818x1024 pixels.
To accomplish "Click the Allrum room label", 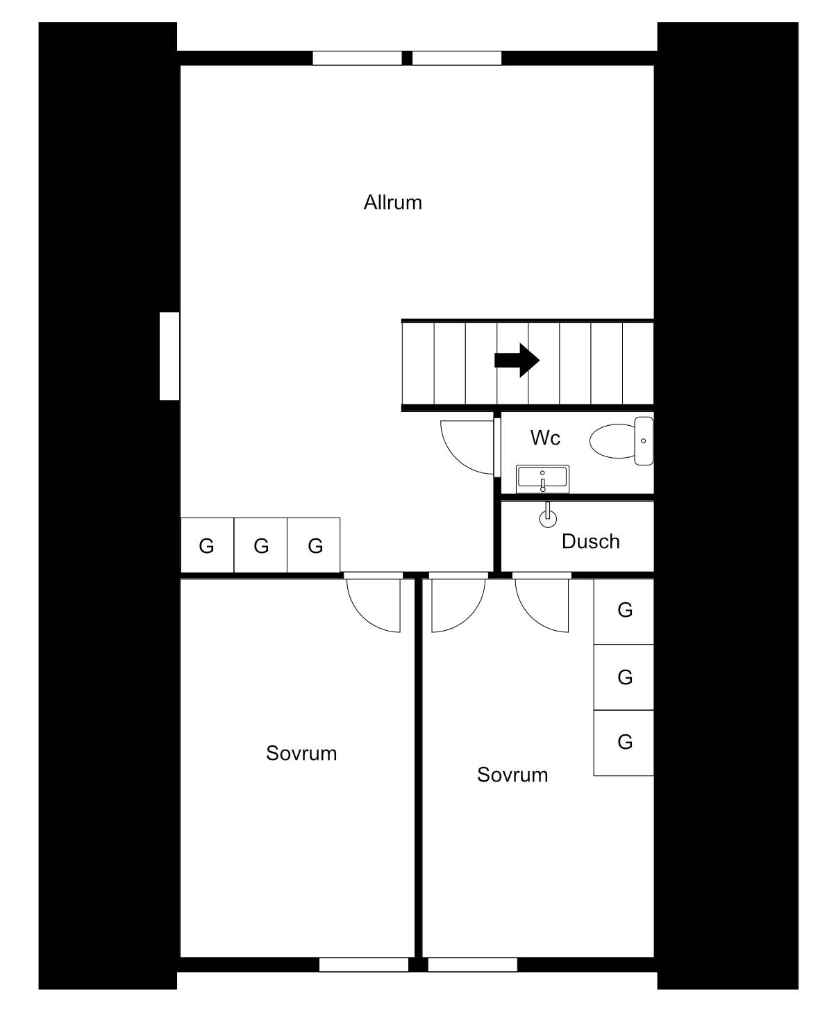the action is coord(392,203).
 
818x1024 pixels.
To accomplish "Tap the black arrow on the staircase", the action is coord(517,361).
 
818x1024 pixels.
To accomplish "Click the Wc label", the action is coord(545,438).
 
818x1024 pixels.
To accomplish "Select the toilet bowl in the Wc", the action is coord(621,440).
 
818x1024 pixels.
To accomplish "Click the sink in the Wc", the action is coord(542,479).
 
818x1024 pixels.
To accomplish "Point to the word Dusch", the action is coord(591,541).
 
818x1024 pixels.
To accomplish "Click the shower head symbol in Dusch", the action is coord(548,515).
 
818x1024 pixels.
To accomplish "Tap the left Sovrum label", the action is coord(301,753).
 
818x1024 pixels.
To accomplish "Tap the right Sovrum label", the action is coord(512,775).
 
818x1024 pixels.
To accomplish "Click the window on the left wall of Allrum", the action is coord(169,356).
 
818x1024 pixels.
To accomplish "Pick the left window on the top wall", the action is coord(357,58).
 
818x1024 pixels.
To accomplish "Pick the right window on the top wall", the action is coord(456,58).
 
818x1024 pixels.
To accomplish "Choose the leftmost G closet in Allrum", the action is coord(208,545).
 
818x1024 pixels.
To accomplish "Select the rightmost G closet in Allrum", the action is coord(313,545).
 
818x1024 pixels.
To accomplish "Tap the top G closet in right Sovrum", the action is coord(624,611).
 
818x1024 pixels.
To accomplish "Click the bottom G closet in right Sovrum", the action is coord(624,743).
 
